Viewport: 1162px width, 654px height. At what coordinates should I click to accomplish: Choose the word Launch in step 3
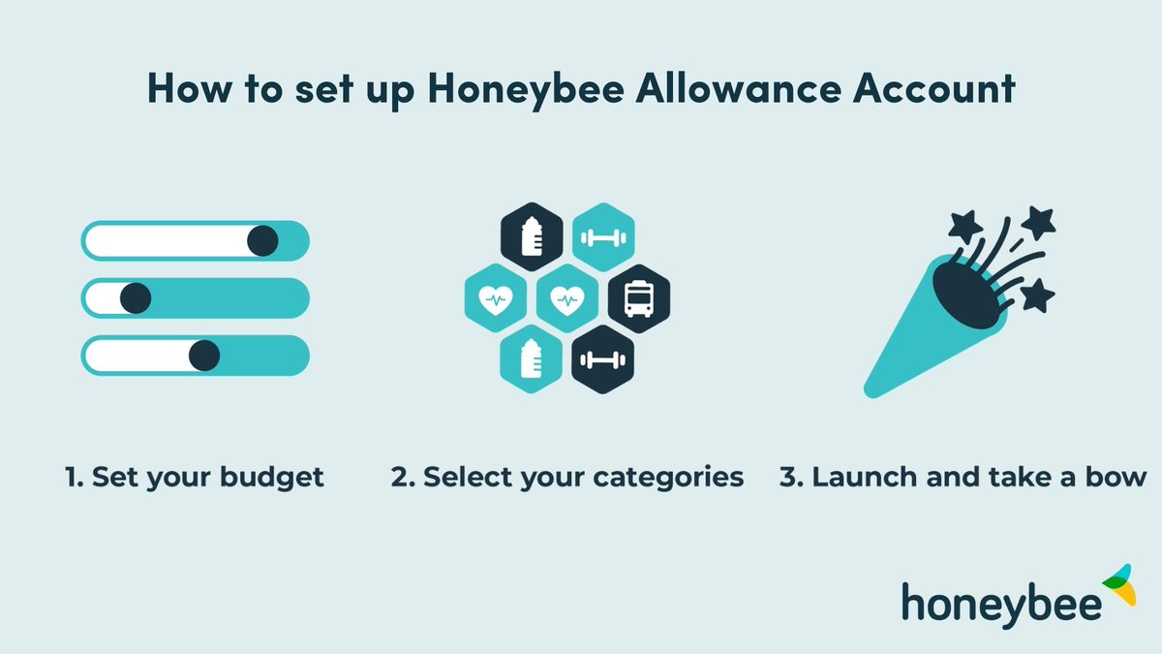(852, 478)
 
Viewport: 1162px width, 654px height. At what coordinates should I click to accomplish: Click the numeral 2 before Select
(398, 478)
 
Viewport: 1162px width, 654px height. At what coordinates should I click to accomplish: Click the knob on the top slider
(262, 240)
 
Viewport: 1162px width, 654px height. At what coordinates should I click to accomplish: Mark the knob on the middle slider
(135, 297)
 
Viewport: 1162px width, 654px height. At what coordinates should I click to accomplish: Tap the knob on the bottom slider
(203, 356)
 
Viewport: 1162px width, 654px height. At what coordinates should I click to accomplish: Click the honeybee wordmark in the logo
(1001, 601)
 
